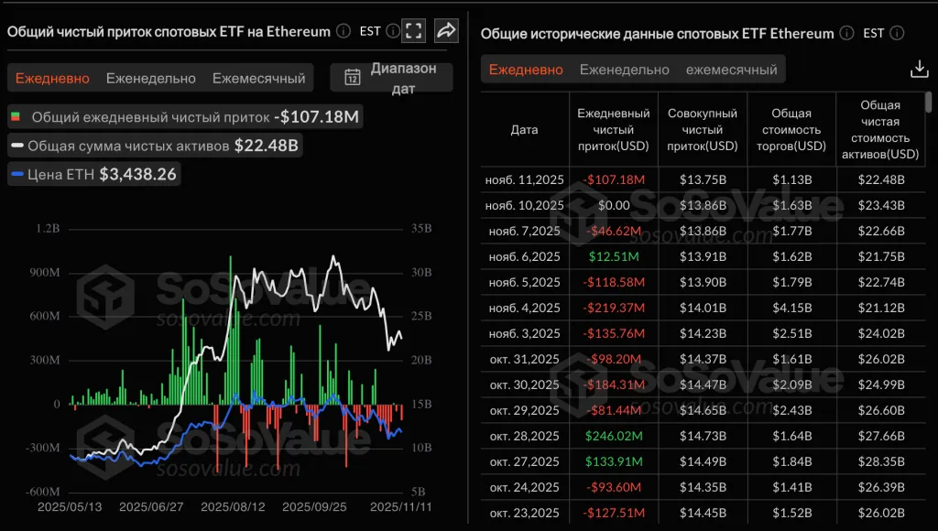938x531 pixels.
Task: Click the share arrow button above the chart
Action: tap(446, 31)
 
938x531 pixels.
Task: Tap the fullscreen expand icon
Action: tap(414, 31)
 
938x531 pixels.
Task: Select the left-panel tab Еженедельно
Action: tap(151, 78)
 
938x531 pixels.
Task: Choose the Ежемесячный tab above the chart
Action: tap(259, 78)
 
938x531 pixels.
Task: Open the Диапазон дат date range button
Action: tap(391, 78)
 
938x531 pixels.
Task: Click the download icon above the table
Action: tap(919, 70)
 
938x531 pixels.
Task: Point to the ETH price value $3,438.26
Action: tap(137, 174)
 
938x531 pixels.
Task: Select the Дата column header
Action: tap(524, 130)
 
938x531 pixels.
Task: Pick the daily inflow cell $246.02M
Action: tap(613, 436)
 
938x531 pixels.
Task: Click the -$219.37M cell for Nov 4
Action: tap(613, 308)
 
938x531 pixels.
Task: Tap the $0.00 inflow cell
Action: tap(613, 205)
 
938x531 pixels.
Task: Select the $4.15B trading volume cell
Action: tap(791, 308)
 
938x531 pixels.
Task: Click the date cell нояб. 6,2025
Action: tap(524, 256)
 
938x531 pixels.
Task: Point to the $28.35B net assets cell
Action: tap(880, 461)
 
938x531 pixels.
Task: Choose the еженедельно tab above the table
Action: tap(625, 70)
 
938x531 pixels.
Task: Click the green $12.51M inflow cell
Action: tap(613, 256)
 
